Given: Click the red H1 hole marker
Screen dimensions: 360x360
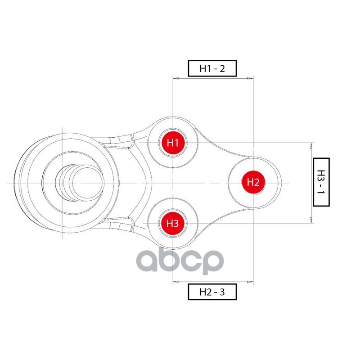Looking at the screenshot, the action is [x=173, y=143].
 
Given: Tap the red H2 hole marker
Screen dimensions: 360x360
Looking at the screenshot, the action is [x=253, y=183].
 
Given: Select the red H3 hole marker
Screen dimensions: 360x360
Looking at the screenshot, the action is [x=173, y=223].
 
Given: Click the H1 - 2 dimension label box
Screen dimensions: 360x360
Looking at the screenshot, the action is [x=212, y=68].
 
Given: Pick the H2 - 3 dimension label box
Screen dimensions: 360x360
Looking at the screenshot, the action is [x=212, y=292].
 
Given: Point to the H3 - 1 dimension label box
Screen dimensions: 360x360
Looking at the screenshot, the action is [x=321, y=182].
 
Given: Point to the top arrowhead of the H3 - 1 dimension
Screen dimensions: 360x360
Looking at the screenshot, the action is [x=311, y=146].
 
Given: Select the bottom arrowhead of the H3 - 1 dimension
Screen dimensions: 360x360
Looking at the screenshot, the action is [x=311, y=220].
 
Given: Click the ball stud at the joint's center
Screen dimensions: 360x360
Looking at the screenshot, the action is [x=78, y=183].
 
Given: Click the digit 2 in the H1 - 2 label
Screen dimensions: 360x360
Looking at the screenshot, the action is [x=222, y=69].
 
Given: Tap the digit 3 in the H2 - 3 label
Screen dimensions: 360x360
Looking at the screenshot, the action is [x=222, y=292].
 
